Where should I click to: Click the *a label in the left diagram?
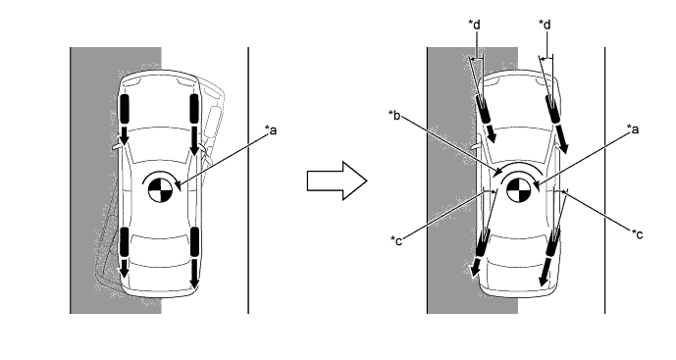tap(271, 129)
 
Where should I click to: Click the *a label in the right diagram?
tap(633, 129)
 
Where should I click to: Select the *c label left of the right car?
tap(396, 240)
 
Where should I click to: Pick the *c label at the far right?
tap(637, 234)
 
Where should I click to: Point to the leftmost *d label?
tap(474, 25)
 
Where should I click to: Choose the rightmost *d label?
tap(545, 25)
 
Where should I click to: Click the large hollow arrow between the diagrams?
tap(337, 180)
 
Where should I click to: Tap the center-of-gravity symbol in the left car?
tap(160, 190)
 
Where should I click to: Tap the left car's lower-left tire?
tap(125, 242)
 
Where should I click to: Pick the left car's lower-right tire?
tap(194, 242)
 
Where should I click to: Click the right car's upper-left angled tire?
tap(483, 109)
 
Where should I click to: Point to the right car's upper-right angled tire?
tap(553, 109)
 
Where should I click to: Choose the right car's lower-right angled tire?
tap(552, 242)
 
